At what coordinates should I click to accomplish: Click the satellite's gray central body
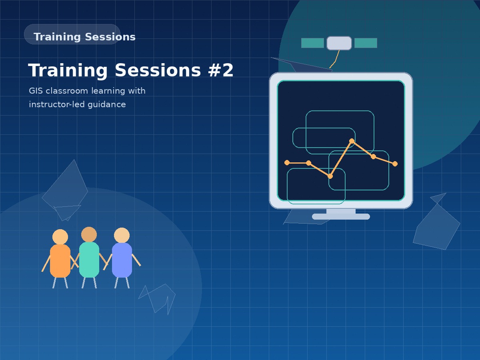[x=339, y=43]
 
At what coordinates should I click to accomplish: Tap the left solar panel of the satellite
[x=312, y=43]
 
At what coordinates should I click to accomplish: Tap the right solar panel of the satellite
[x=366, y=43]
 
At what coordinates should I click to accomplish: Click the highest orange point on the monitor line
[x=352, y=141]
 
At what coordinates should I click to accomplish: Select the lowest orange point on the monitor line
[x=330, y=176]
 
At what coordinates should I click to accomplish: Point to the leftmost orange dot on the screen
[x=287, y=162]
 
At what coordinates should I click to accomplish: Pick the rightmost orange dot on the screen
[x=395, y=164]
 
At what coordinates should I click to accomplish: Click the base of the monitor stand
[x=341, y=217]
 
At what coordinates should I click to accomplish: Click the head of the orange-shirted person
[x=60, y=237]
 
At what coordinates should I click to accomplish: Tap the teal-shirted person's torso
[x=89, y=260]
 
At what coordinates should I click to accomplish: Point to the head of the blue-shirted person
[x=122, y=235]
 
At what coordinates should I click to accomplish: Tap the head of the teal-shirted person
[x=89, y=234]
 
